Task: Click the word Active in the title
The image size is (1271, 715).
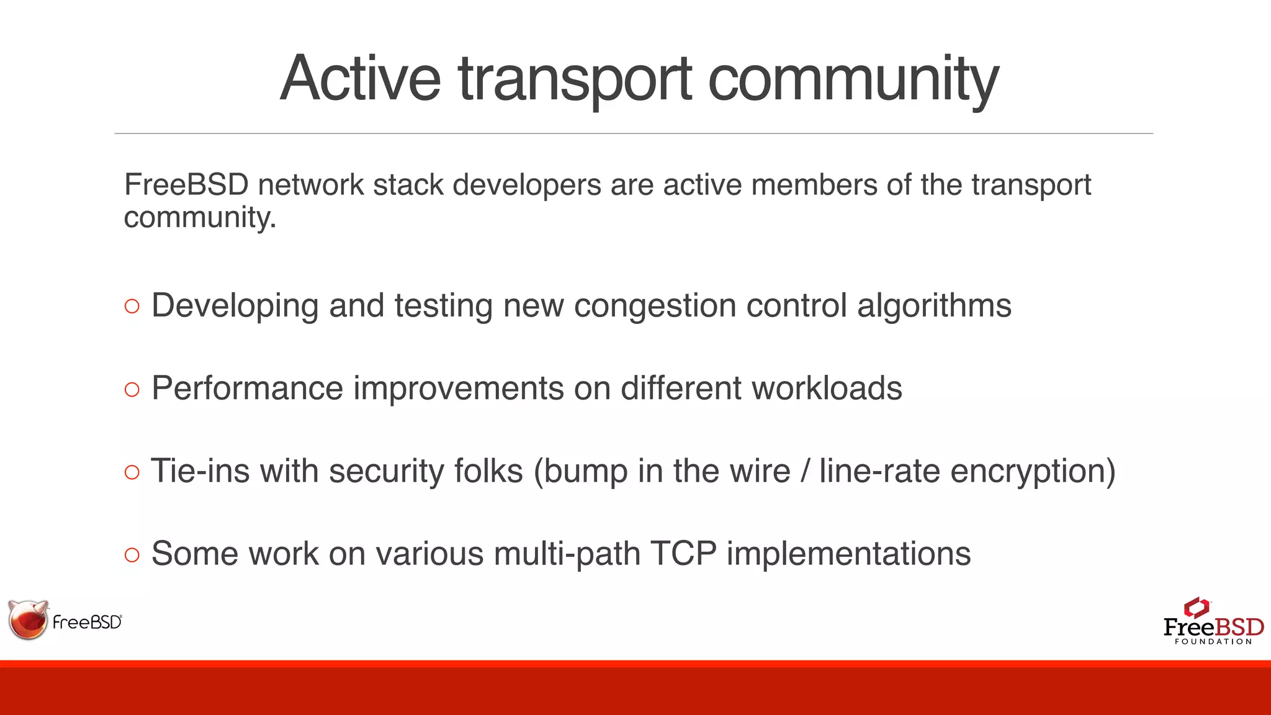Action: (x=360, y=79)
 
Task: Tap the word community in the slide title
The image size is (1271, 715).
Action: (x=853, y=79)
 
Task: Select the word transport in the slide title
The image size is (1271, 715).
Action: (x=575, y=79)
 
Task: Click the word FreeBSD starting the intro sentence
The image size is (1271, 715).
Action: (x=186, y=185)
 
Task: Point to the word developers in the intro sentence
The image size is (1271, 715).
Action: (x=527, y=185)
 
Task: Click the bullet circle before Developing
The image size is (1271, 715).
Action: (x=132, y=306)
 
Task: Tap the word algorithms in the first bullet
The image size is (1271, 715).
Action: (x=934, y=305)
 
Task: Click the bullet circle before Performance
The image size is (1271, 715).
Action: (x=132, y=389)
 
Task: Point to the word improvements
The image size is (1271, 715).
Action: (x=459, y=389)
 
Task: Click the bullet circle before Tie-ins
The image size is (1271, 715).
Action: (x=132, y=472)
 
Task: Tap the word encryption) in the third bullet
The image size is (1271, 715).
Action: (x=1033, y=471)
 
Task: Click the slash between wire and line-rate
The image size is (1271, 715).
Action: (x=805, y=471)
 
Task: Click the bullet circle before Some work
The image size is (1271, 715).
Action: (x=132, y=555)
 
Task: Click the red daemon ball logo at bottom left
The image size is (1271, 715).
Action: (x=28, y=620)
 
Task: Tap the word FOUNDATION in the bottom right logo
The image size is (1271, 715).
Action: (x=1213, y=642)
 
